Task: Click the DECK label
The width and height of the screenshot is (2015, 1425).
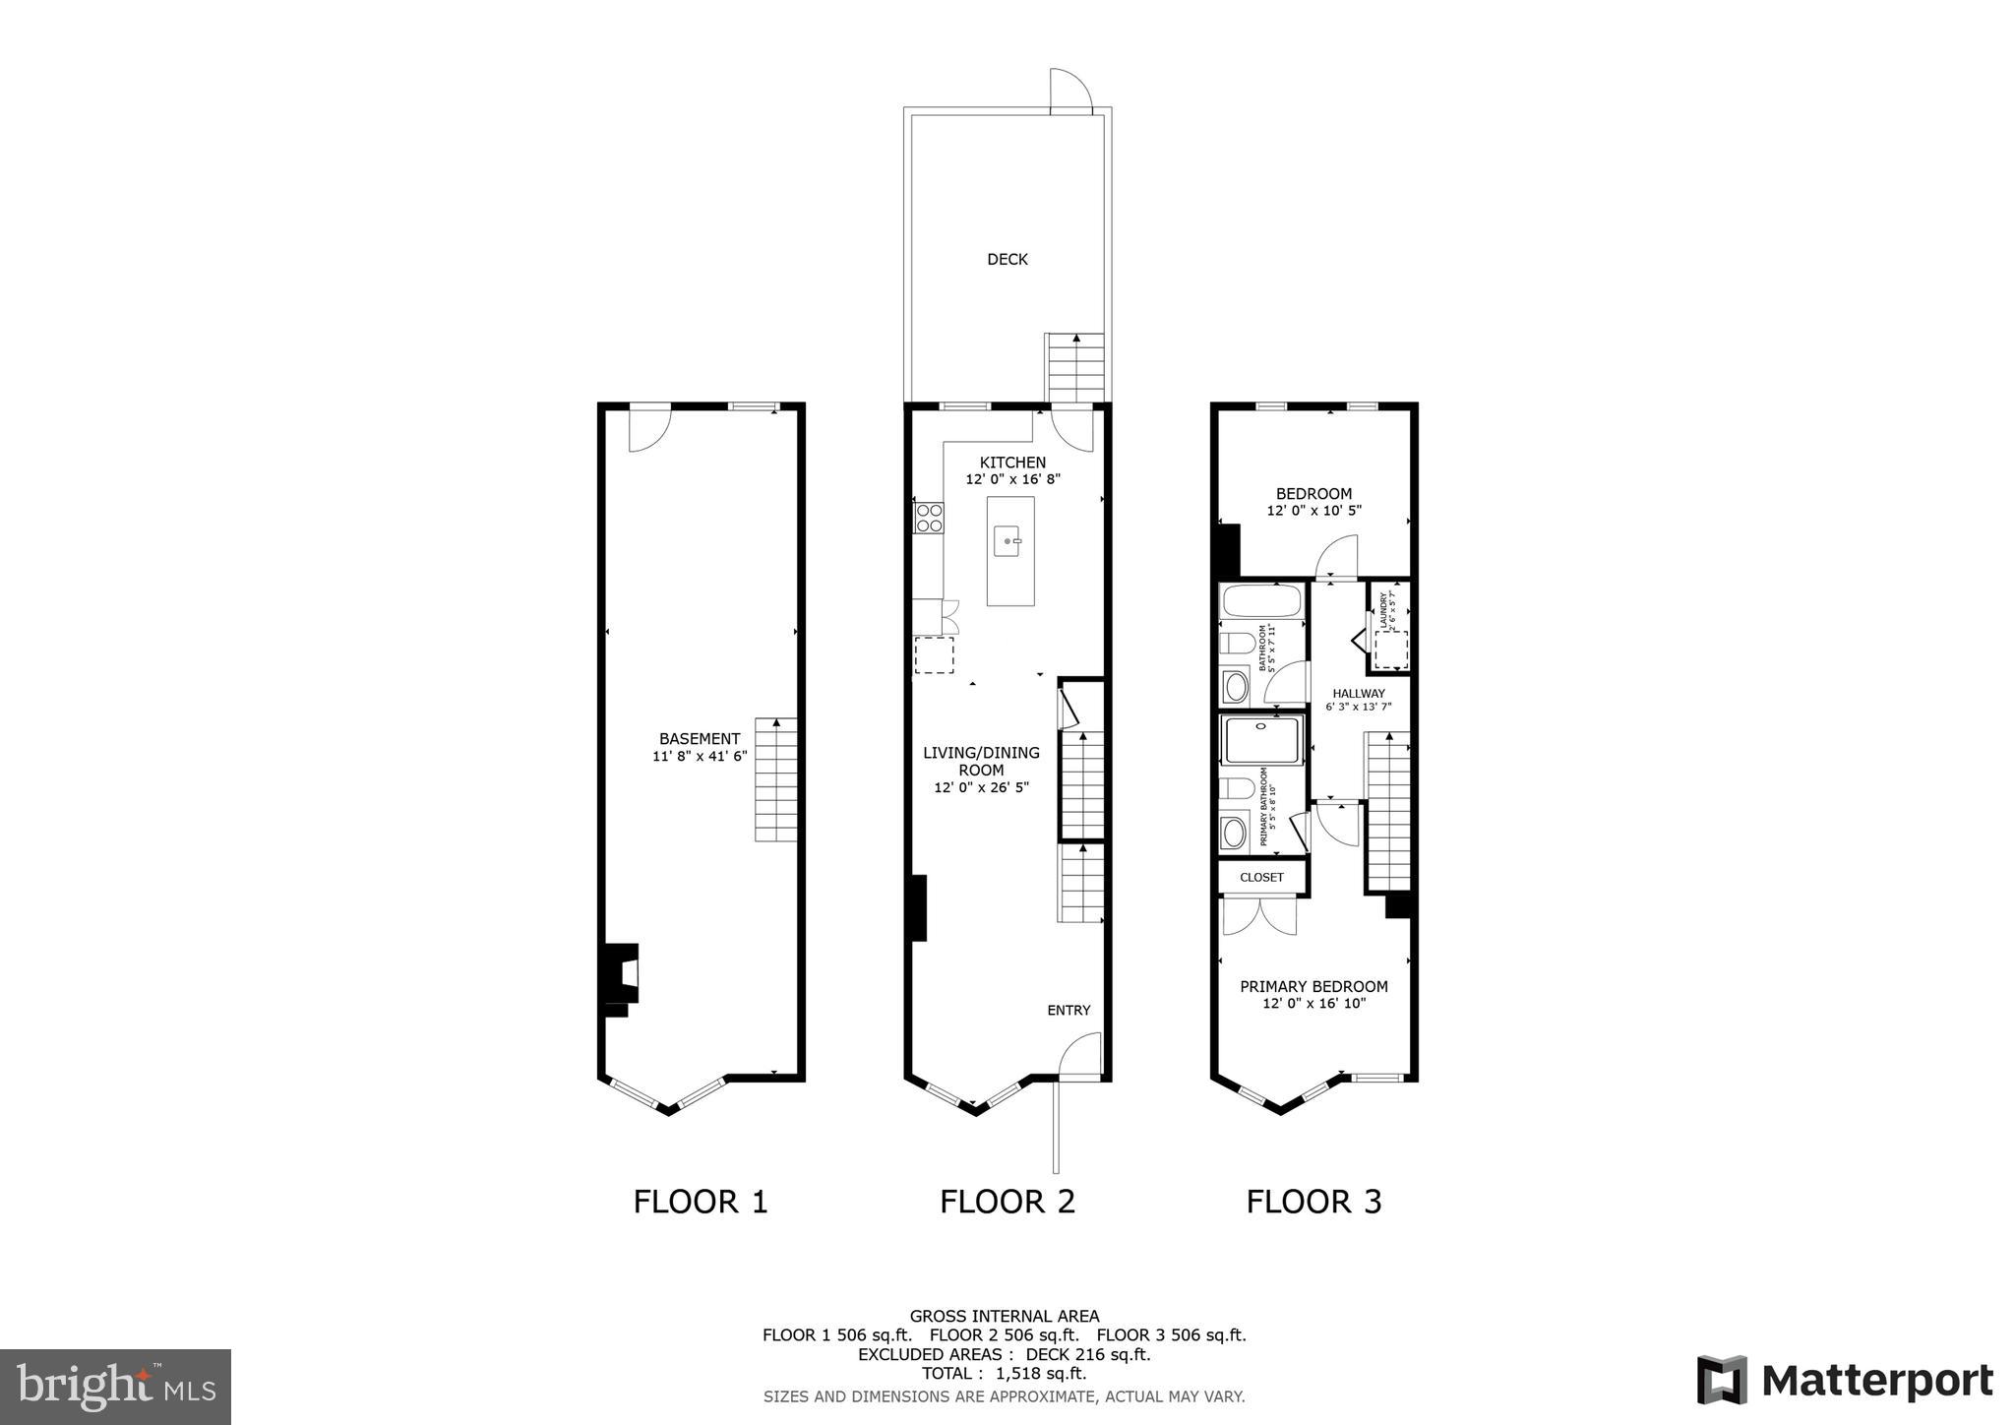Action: click(x=1007, y=259)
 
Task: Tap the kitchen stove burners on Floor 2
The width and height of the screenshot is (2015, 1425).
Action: click(x=929, y=518)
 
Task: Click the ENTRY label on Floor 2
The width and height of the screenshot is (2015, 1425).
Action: click(x=1069, y=1010)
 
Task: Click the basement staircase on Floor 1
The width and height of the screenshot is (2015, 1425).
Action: click(x=775, y=779)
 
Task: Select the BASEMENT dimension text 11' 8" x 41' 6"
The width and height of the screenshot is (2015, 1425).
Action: click(x=700, y=756)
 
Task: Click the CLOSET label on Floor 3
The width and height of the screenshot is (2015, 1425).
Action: click(x=1261, y=877)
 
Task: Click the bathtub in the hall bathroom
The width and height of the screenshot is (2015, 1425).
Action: click(x=1261, y=601)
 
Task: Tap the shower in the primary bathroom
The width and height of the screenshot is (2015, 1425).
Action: click(x=1261, y=741)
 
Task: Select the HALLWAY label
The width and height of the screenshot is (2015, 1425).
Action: click(x=1359, y=693)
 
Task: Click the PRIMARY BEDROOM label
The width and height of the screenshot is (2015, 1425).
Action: click(x=1313, y=986)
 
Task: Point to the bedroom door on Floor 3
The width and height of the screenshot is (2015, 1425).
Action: click(x=1338, y=558)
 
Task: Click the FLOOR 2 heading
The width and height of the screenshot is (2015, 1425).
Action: click(x=1007, y=1202)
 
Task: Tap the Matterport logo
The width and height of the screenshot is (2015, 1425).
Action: click(x=1845, y=1380)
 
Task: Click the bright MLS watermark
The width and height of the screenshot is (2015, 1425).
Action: click(x=116, y=1387)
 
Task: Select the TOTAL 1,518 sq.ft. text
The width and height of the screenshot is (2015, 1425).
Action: click(x=1004, y=1373)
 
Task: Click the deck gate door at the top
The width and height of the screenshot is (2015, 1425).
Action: click(x=1071, y=92)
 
